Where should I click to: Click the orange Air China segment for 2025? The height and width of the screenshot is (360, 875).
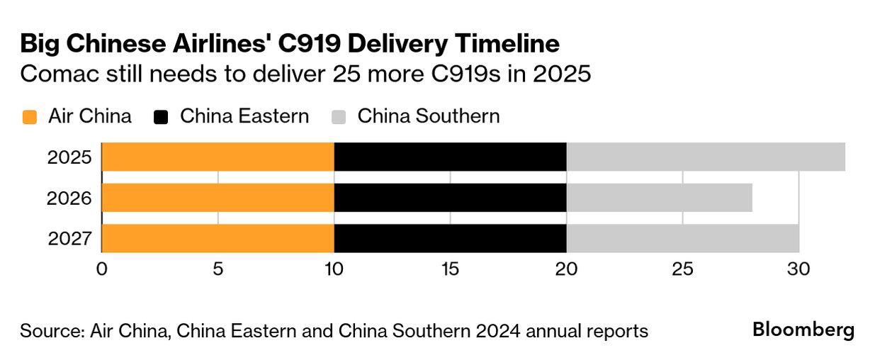[x=218, y=157]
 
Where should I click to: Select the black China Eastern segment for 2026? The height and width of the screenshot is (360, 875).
[x=451, y=198]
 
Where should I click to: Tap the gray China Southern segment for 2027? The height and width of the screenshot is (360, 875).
[x=683, y=239]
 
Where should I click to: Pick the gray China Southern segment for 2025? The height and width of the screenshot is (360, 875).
[x=706, y=157]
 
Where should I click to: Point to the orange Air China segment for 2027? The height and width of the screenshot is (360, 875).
[x=218, y=239]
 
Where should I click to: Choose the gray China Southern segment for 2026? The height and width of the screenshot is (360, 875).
[x=660, y=198]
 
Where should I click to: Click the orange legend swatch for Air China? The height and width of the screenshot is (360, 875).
[x=29, y=117]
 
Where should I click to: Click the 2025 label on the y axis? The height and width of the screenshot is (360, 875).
[x=70, y=157]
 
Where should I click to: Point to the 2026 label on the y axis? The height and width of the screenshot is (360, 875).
[x=70, y=198]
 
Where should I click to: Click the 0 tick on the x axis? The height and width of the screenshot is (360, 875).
[x=102, y=269]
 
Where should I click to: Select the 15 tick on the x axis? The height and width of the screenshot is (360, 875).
[x=450, y=269]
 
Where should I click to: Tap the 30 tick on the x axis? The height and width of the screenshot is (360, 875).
[x=799, y=269]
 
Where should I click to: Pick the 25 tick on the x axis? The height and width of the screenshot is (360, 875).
[x=682, y=269]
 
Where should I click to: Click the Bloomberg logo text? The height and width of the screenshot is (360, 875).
[x=803, y=330]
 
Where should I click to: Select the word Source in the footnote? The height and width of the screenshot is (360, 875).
[x=47, y=331]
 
